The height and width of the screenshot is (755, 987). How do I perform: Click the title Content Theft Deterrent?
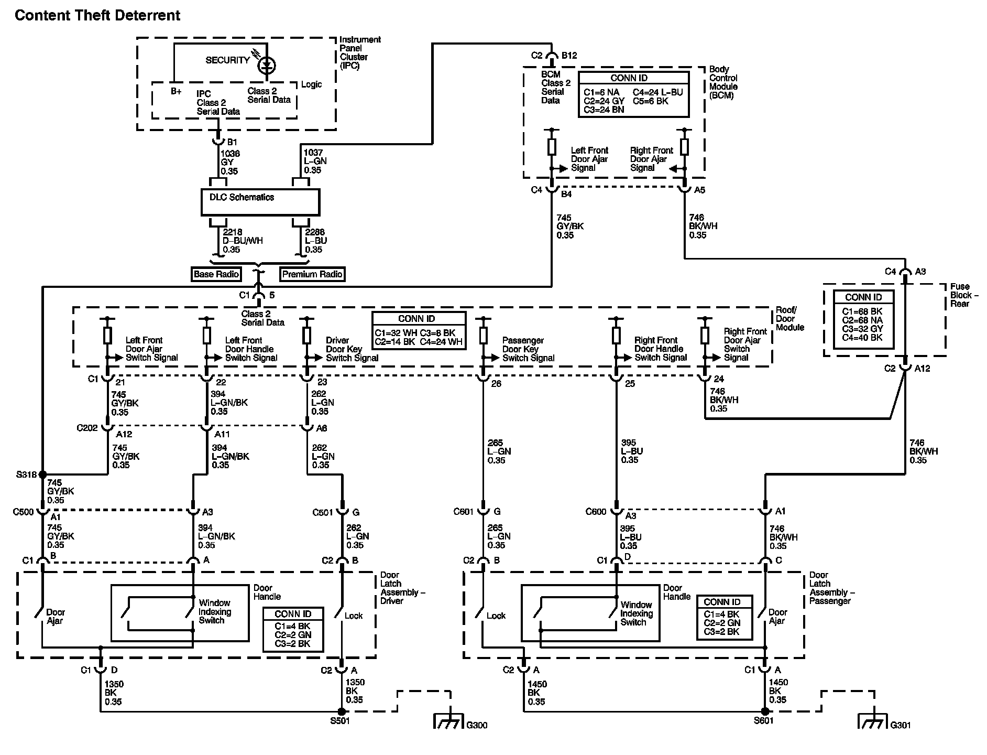[x=97, y=16]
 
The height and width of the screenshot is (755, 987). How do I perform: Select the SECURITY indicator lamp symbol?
[x=267, y=65]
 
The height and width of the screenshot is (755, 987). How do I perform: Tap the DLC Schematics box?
[x=260, y=202]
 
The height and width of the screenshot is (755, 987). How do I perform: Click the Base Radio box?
[x=216, y=274]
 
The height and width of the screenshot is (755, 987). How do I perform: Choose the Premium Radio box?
[x=312, y=274]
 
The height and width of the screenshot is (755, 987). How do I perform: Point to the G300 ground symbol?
[x=449, y=722]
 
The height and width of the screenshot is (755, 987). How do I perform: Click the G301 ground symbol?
[x=873, y=722]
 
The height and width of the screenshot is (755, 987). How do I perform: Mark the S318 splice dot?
[x=42, y=474]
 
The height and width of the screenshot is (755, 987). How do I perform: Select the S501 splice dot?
[x=342, y=711]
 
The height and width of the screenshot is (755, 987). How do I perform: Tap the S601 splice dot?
[x=765, y=711]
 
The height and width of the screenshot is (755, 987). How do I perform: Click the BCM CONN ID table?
[x=633, y=95]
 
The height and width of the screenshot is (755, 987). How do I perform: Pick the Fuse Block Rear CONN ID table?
[x=863, y=317]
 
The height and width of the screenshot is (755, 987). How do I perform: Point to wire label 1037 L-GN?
[x=315, y=161]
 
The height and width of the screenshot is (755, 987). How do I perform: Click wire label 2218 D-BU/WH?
[x=243, y=241]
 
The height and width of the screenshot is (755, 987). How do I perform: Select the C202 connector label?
[x=87, y=428]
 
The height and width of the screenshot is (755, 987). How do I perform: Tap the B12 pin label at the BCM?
[x=569, y=56]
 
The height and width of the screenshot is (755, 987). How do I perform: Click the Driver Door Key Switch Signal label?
[x=352, y=349]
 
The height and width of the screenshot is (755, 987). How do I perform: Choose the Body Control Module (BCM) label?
[x=723, y=82]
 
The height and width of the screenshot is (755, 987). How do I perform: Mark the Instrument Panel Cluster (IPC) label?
[x=360, y=52]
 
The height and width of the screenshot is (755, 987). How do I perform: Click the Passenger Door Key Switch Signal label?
[x=528, y=349]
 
